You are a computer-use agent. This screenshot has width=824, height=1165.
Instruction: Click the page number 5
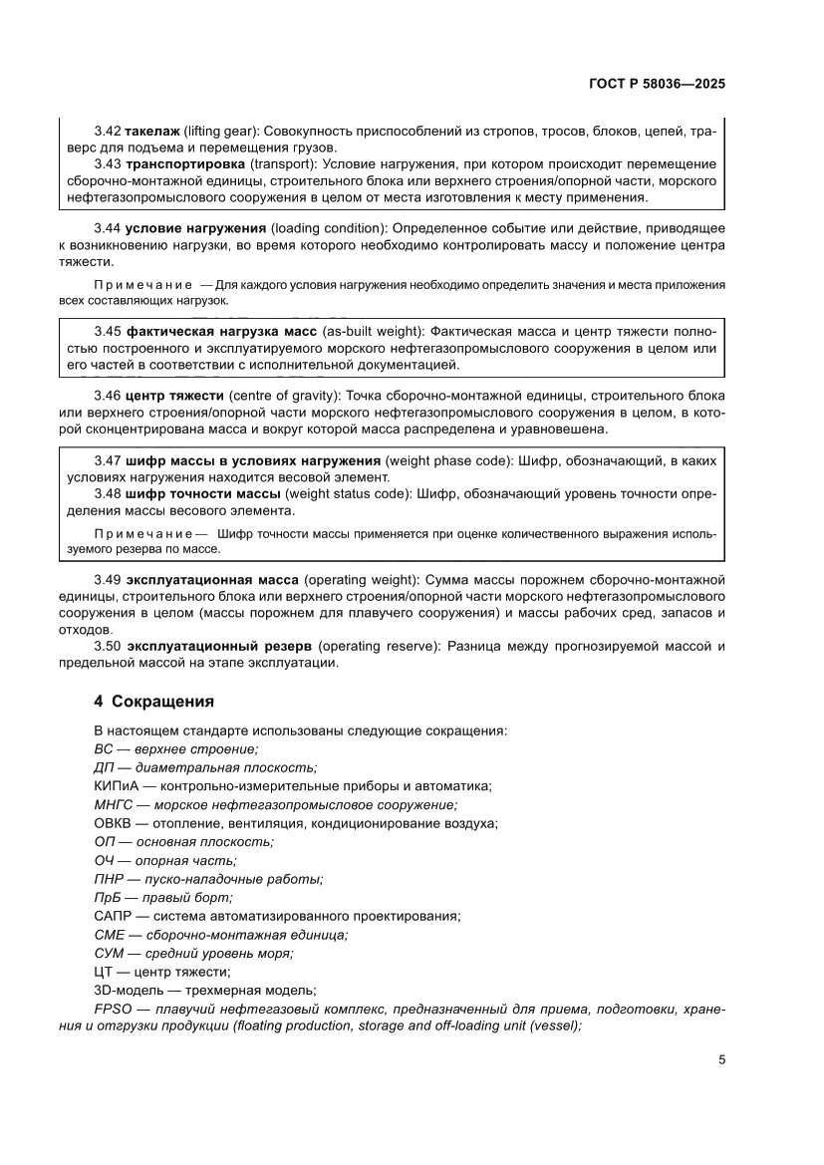point(721,1060)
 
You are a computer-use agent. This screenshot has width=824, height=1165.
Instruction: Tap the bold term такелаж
point(152,132)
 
